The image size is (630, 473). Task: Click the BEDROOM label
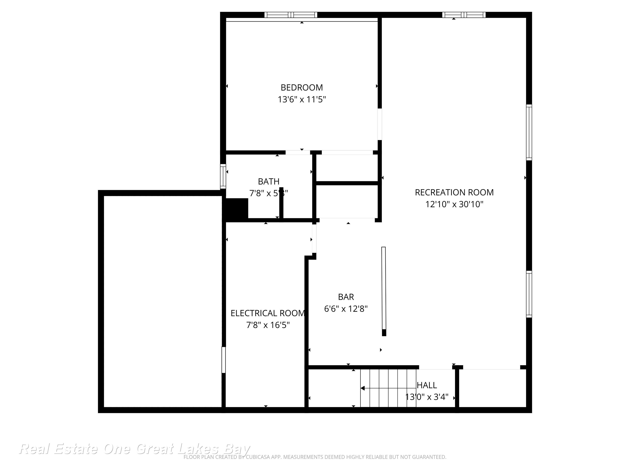(302, 87)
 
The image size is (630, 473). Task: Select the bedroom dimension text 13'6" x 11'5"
(302, 100)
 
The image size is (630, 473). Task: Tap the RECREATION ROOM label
(454, 192)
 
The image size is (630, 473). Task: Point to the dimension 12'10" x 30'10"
(454, 204)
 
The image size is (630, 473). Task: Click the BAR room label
(346, 297)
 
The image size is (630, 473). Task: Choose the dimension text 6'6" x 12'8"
(346, 309)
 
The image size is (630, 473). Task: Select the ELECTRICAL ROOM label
(267, 313)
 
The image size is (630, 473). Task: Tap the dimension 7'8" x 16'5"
(267, 325)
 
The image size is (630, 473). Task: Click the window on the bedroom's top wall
(291, 15)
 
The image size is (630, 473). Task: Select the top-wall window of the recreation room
(463, 15)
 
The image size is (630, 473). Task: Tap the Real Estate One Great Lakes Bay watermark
(134, 449)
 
